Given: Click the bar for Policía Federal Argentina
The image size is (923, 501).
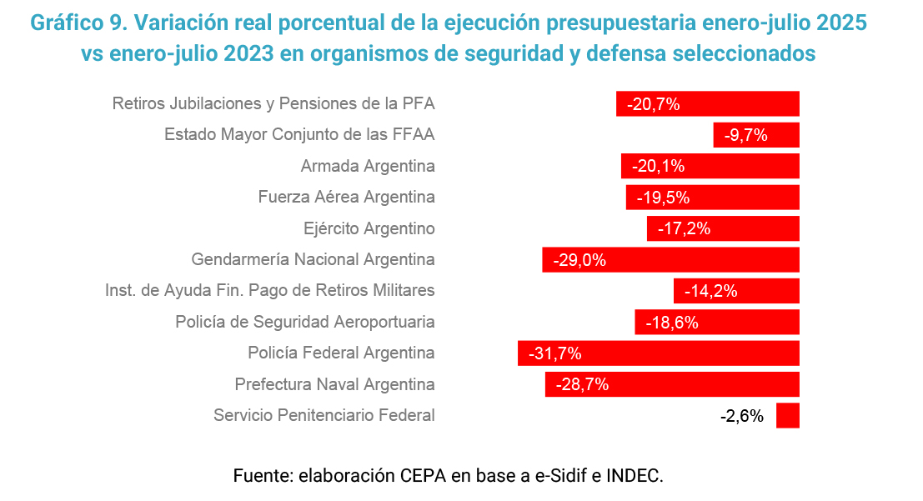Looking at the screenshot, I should point(659,353).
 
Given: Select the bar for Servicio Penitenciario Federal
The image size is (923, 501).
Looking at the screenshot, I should point(787,415).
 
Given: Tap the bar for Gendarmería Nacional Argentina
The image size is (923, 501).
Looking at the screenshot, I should point(670,260).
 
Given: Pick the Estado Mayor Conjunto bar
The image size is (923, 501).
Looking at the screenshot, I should point(756,135).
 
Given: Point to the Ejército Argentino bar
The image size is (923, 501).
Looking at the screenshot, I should point(723,228).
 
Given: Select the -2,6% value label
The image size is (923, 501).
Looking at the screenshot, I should point(741,416).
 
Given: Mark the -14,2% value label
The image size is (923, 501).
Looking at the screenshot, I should point(710,291).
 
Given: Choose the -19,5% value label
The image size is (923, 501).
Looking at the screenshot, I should point(663,198).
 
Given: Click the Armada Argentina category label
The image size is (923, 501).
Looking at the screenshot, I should point(368,166).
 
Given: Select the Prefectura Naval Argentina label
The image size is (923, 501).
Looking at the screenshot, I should point(334,385).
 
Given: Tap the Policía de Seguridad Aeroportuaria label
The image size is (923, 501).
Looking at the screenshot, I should point(305,322).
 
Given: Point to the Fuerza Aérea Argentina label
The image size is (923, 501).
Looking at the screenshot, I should point(347,198).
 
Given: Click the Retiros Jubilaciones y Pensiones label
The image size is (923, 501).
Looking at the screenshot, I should point(273,104).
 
